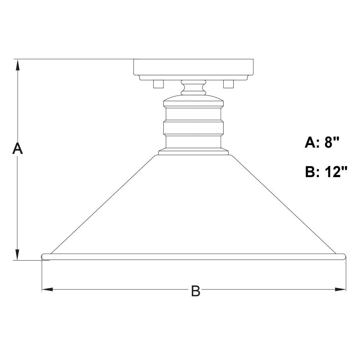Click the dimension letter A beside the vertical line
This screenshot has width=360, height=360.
17,148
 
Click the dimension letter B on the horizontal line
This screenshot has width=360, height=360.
195,291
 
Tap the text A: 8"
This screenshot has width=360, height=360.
321,143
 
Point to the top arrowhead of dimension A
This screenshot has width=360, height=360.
17,65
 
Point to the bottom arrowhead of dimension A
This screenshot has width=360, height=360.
17,255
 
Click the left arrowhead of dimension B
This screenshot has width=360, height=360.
48,289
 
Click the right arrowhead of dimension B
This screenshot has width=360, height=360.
340,289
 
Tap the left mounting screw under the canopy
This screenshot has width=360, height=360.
158,84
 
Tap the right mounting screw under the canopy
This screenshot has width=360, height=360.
229,84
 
